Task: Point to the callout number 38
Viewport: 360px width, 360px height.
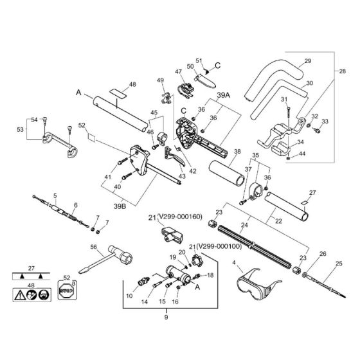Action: click(x=237, y=153)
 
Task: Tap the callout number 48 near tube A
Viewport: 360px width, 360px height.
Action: click(x=132, y=84)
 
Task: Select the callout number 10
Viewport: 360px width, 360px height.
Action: click(x=129, y=296)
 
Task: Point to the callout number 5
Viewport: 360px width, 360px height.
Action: click(x=55, y=195)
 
